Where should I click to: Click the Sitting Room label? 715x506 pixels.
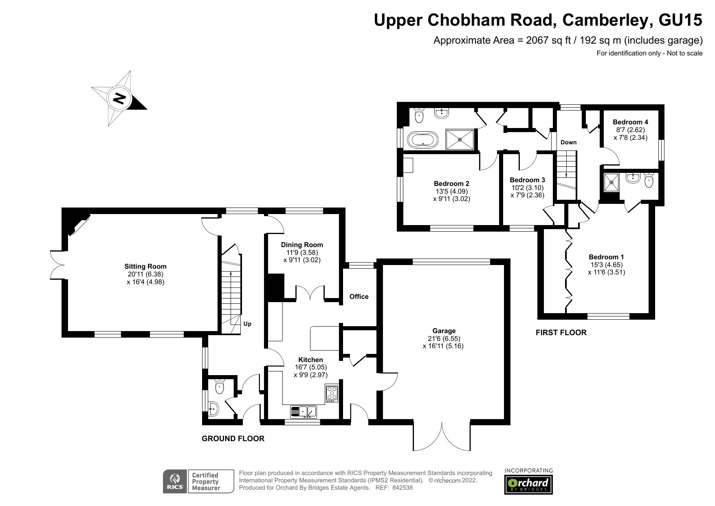coord(145,266)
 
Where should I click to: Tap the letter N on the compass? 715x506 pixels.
coord(119,98)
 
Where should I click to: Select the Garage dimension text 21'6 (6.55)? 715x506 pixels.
coord(444,338)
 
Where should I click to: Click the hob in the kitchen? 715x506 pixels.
coord(332,393)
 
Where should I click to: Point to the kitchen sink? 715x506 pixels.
coord(303,411)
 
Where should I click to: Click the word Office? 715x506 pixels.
coord(359,296)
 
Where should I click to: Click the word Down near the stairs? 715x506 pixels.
coord(568,142)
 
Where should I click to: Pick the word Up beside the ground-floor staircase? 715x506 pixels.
coord(247,324)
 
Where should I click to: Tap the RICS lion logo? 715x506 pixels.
coord(175,481)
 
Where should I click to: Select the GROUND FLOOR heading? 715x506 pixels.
coord(233,439)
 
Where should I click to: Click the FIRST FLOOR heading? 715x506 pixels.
coord(561,332)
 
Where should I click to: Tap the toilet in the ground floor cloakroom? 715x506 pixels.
coord(219,387)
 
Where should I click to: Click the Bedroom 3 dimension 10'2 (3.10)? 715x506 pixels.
coord(527,188)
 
